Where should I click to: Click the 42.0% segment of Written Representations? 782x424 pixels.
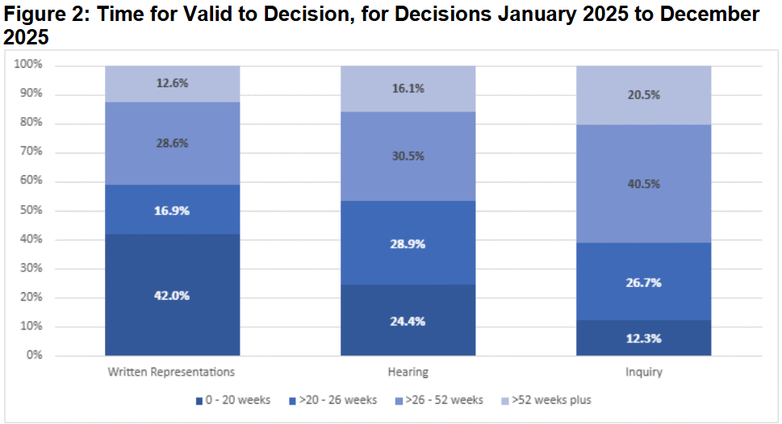pos(172,295)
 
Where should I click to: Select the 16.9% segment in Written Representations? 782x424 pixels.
pos(172,209)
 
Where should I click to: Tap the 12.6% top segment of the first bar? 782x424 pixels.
pos(172,83)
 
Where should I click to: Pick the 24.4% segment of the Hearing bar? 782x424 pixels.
pos(408,321)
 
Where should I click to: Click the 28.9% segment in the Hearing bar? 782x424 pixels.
pos(408,243)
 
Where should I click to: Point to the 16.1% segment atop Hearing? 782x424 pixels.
pos(408,89)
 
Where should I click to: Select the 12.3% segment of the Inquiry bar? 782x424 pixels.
pos(643,338)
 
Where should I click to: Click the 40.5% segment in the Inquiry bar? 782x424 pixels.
pos(643,183)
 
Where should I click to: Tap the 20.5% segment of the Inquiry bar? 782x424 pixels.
pos(643,94)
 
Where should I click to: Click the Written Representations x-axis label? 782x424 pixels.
pos(172,373)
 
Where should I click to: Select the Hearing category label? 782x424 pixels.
pos(408,373)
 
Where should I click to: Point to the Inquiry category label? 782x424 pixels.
pos(643,373)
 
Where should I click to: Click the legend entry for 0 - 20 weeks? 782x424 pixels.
pos(233,400)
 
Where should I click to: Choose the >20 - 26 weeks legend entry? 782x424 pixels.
pos(332,400)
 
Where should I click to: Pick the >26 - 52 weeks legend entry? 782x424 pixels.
pos(441,400)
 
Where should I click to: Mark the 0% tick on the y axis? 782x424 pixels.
pos(34,355)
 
